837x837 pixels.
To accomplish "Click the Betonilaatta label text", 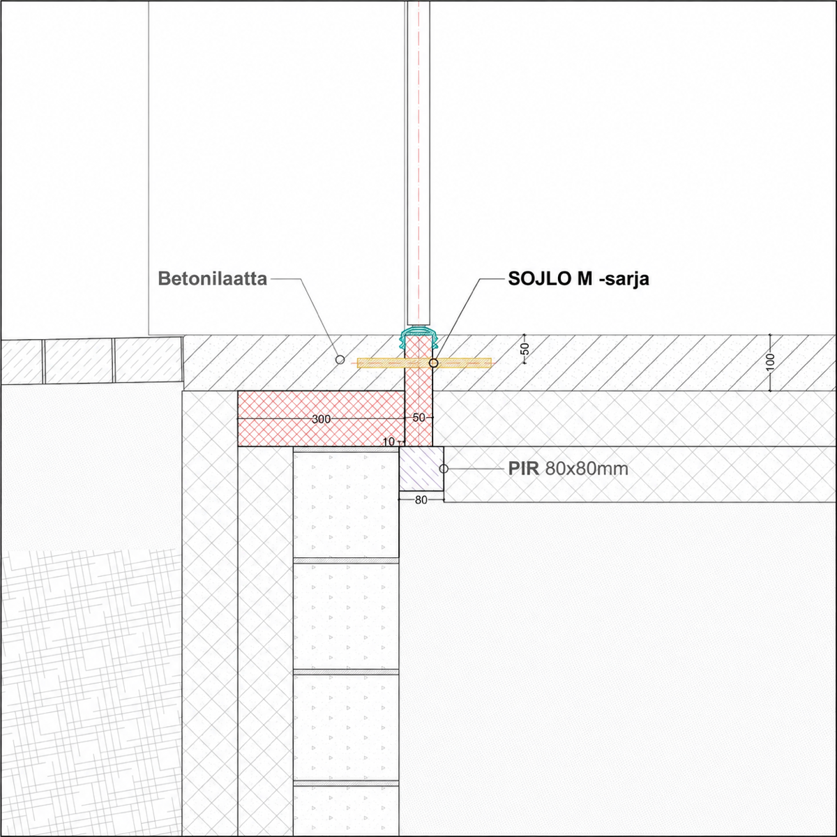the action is (x=213, y=278).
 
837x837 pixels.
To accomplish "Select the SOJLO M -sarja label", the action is (x=578, y=278).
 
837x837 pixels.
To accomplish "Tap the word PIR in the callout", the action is (x=523, y=469).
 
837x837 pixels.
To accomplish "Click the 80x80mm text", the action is (x=587, y=469).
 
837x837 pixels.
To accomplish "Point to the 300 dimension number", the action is (x=322, y=419).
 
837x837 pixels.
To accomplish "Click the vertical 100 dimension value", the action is (x=770, y=362).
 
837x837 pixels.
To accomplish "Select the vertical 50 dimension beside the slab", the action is (x=525, y=349).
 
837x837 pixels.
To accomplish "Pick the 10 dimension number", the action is (x=389, y=442).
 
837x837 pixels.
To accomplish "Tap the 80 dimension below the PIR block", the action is (x=421, y=500).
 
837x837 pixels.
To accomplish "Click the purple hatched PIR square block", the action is (x=421, y=469).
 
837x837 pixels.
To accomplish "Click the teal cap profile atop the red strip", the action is (x=418, y=336).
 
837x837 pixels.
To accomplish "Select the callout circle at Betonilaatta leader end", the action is (x=340, y=360).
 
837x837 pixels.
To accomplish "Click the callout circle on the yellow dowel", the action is (x=433, y=363).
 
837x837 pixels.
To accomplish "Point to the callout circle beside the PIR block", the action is (x=444, y=469).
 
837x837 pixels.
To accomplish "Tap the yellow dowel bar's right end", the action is (x=491, y=363).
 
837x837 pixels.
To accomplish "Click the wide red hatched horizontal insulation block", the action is (x=322, y=418).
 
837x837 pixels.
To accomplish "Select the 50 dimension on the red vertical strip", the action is (x=418, y=417).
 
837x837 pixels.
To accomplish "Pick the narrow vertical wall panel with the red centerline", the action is (x=418, y=163).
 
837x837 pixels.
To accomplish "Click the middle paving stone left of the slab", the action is (x=79, y=361).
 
